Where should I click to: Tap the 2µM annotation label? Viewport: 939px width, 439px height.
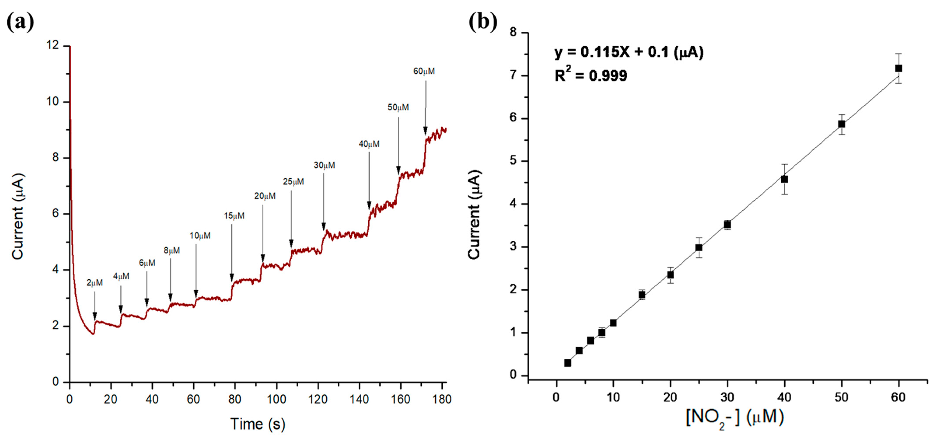pos(94,283)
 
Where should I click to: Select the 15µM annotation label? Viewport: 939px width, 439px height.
pos(234,216)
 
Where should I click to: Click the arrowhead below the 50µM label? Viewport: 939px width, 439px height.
pos(399,171)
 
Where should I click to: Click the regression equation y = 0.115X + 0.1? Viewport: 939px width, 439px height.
pos(629,52)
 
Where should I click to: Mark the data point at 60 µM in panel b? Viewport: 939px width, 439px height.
pos(899,68)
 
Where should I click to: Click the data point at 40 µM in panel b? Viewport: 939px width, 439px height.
pos(784,179)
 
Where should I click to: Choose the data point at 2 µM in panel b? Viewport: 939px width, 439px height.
pos(568,363)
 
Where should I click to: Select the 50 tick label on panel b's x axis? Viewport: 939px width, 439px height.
pos(841,397)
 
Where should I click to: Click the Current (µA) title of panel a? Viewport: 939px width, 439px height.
pos(17,217)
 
